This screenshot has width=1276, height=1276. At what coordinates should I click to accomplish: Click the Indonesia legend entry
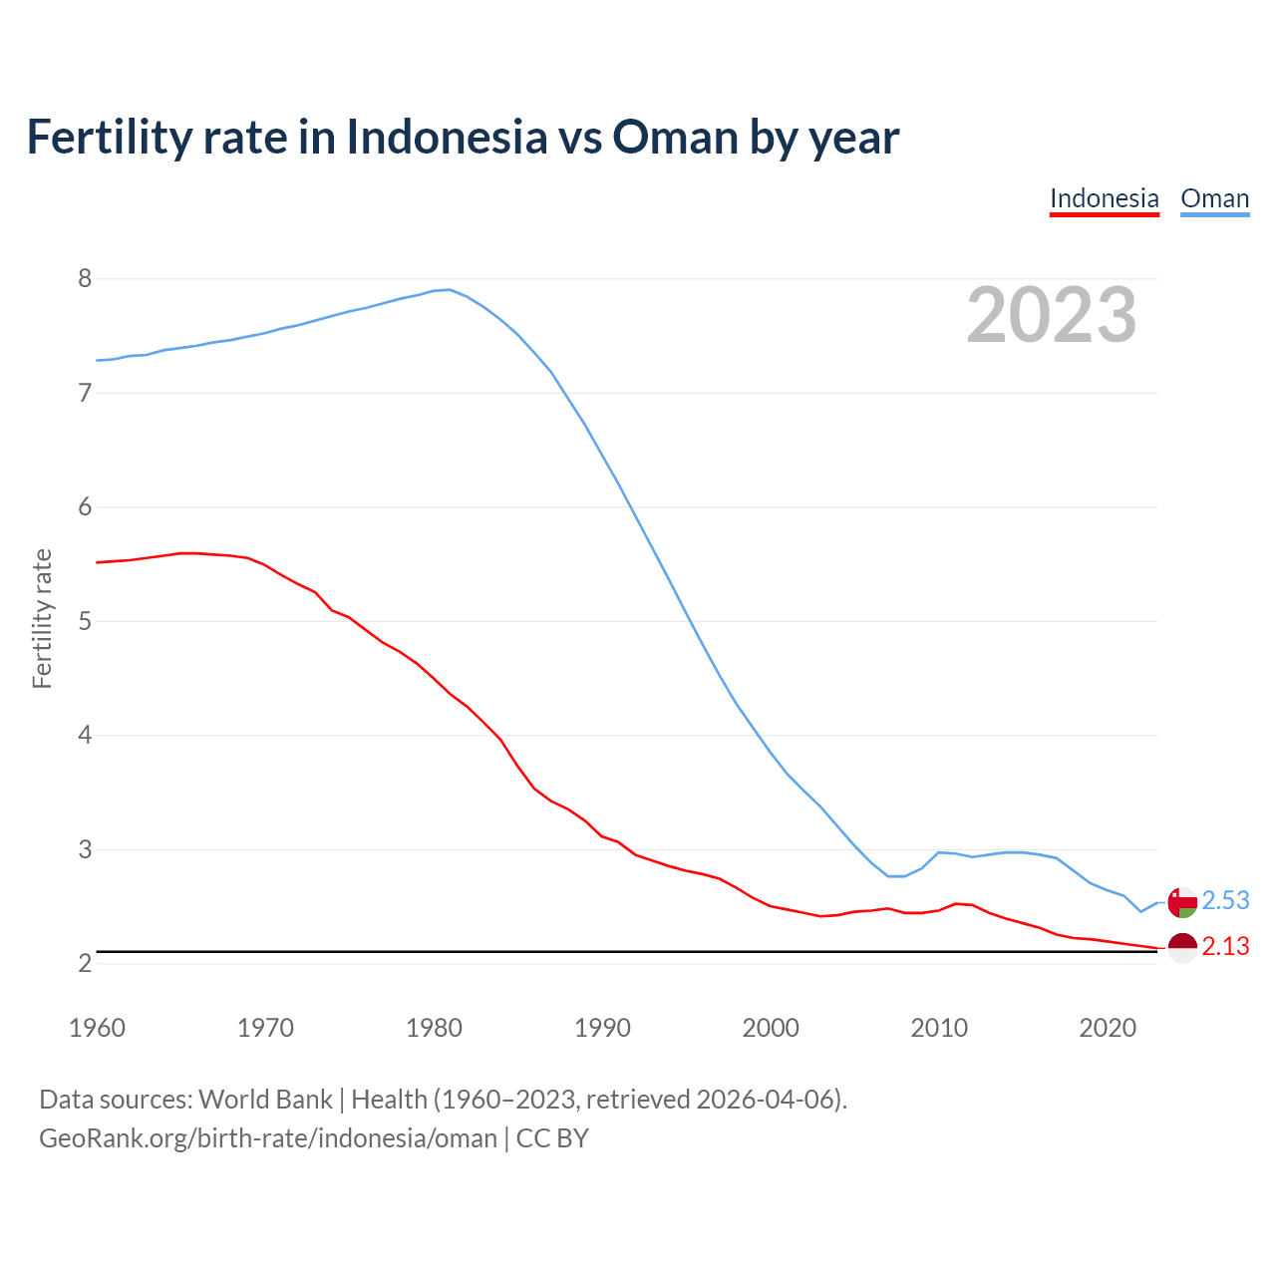point(1105,198)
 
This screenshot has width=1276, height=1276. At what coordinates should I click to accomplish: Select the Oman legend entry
point(1214,198)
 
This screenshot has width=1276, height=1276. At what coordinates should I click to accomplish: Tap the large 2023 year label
point(1052,315)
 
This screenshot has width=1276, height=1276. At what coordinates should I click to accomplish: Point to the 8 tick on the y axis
point(85,278)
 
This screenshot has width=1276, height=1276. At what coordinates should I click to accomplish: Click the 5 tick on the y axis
point(85,621)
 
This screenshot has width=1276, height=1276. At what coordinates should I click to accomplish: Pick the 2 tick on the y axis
point(85,963)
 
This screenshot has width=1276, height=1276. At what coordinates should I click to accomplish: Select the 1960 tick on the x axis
point(97,1028)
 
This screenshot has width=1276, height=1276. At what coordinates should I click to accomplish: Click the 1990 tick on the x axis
point(602,1028)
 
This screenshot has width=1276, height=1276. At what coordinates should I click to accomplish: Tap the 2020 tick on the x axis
point(1108,1028)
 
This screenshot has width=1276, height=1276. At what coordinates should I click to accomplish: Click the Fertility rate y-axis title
point(42,618)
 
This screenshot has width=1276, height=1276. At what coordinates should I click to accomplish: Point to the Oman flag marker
point(1182,902)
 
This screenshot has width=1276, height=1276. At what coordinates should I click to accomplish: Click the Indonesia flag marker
point(1182,947)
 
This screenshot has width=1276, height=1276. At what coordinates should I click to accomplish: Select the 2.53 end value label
point(1225,901)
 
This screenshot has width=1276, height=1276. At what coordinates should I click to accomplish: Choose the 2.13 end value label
point(1225,947)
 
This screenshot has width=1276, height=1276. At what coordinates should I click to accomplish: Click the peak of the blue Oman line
point(450,289)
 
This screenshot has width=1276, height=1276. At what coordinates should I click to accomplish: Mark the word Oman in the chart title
point(675,137)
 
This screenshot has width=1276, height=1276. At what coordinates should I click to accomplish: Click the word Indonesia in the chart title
point(447,137)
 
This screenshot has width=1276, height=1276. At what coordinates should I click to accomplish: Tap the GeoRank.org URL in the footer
point(267,1138)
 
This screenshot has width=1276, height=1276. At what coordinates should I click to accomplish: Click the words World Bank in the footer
point(265,1100)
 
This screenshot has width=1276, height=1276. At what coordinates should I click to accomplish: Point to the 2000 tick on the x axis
point(771,1028)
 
